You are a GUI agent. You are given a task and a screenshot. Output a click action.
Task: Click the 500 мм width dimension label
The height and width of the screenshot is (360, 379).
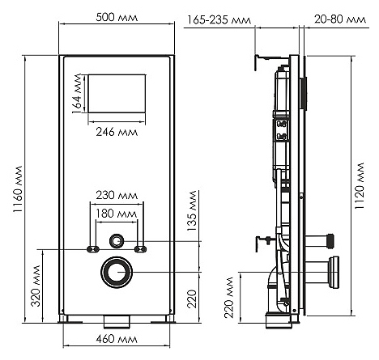117,18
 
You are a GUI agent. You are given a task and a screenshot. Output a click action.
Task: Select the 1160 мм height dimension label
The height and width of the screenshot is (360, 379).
18,189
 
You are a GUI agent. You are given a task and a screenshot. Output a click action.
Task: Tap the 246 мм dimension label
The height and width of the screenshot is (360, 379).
117,132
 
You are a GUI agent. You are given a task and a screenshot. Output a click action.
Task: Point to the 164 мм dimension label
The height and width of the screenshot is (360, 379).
77,93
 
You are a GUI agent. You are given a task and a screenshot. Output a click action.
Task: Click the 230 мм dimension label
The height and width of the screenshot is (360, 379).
117,195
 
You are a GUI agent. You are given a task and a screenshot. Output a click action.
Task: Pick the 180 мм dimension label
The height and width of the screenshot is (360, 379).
117,214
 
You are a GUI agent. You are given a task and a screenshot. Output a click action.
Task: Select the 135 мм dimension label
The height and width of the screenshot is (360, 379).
192,210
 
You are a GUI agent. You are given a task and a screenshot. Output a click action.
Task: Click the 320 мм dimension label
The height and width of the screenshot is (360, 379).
36,286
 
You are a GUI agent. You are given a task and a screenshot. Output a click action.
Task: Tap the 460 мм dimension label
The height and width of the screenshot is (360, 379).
117,339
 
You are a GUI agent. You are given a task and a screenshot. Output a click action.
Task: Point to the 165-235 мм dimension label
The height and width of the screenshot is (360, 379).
219,20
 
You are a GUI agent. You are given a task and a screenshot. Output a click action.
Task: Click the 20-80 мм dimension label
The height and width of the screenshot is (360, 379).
340,19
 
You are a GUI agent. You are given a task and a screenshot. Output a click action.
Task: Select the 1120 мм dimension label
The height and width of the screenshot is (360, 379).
360,186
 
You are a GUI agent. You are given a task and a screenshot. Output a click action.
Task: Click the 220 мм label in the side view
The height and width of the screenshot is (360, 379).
229,298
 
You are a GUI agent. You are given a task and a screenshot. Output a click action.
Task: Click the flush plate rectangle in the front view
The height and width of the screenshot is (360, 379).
117,93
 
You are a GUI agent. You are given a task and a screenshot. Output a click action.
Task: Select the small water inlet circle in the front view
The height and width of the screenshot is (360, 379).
117,241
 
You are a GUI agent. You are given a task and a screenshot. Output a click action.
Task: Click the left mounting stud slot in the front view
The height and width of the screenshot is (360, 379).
93,249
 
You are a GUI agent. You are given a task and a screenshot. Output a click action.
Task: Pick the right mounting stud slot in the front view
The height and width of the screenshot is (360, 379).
141,249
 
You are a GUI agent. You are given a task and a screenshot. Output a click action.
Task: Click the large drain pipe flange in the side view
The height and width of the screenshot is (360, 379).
334,273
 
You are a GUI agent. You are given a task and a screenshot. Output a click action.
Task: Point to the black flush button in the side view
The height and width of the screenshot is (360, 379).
303,94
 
